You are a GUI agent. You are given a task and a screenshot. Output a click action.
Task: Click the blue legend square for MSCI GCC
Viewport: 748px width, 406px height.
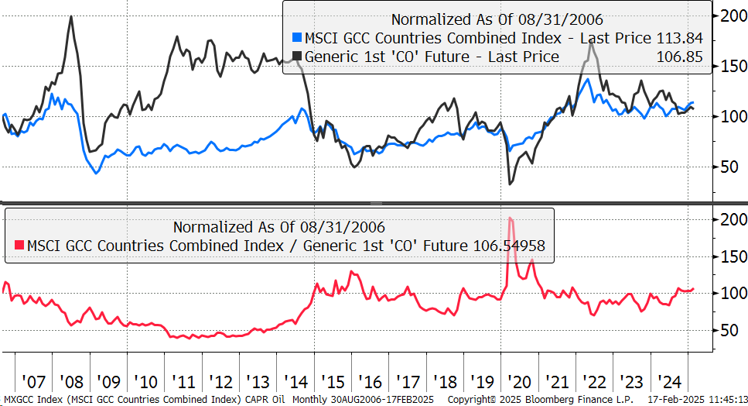click(x=297, y=38)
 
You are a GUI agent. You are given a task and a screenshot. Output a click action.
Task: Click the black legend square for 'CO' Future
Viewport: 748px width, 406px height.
click(x=297, y=57)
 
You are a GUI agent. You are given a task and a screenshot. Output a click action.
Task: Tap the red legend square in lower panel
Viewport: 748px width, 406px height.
click(x=19, y=246)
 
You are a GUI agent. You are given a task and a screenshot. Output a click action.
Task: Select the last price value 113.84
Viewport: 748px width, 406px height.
click(x=679, y=38)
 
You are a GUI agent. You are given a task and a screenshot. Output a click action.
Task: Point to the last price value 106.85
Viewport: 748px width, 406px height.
click(x=679, y=57)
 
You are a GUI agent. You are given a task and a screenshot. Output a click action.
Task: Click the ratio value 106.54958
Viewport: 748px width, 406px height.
click(x=509, y=246)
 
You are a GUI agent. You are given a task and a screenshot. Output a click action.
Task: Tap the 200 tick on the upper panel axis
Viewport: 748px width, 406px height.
click(x=733, y=15)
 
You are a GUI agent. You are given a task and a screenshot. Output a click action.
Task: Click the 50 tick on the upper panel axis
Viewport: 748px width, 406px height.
click(x=729, y=167)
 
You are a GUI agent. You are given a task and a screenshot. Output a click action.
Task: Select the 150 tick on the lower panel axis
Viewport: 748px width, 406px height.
click(x=733, y=256)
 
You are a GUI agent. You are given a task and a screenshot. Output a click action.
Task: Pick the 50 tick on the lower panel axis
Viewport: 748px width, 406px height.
click(x=729, y=331)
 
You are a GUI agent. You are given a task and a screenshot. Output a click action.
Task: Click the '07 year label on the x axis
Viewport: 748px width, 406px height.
click(x=34, y=382)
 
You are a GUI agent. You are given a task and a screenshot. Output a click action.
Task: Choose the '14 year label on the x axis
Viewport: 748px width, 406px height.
click(x=295, y=382)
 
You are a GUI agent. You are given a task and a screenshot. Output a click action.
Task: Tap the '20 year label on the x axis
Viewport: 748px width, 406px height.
click(x=520, y=382)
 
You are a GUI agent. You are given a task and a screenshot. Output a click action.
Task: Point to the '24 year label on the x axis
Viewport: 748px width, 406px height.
click(x=669, y=382)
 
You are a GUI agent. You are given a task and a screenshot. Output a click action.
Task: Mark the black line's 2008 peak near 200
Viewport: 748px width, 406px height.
click(x=71, y=17)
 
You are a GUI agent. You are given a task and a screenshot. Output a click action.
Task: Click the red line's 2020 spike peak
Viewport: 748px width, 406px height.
click(x=511, y=218)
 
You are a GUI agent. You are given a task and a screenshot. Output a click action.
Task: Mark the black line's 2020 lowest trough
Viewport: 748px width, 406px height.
click(x=510, y=184)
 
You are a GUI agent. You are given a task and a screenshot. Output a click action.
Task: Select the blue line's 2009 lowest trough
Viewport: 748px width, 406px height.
click(x=97, y=173)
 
